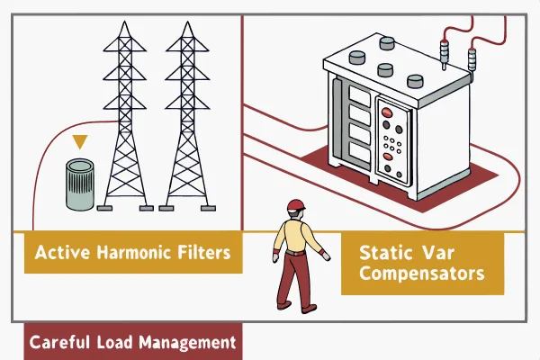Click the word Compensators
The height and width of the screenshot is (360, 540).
422,274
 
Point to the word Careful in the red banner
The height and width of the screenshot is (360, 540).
59,342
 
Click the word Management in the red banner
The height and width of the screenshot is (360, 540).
187,343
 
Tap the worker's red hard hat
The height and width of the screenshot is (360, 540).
296,205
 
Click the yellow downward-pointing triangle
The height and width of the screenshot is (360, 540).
80,141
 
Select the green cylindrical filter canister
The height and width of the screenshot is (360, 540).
79,184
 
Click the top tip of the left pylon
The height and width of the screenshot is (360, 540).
125,22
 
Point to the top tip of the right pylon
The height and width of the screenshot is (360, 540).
187,22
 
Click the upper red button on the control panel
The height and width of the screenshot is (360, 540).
386,112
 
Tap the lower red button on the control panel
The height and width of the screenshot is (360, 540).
388,157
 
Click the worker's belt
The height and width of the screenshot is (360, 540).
295,253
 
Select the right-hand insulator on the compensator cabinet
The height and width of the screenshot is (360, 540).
472,59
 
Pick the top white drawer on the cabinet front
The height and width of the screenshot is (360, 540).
359,95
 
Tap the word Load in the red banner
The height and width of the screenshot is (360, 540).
114,342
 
